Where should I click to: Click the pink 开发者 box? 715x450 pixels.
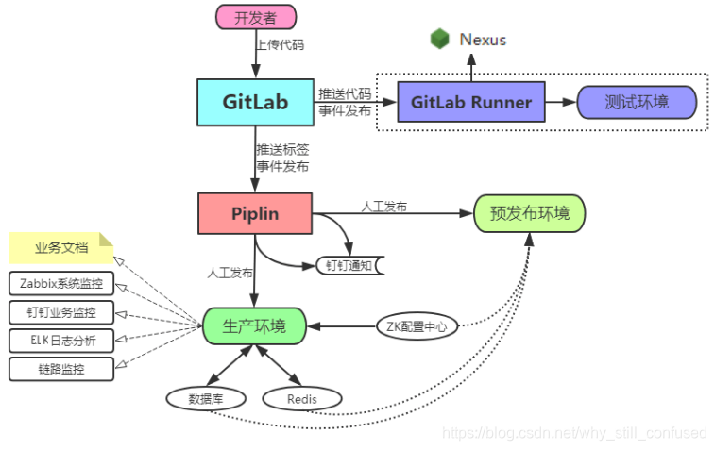(256, 17)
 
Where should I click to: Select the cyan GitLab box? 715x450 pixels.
(255, 102)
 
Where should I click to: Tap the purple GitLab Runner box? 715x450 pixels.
(471, 102)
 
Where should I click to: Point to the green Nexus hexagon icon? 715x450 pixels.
(439, 39)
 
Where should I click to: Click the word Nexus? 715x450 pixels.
(483, 40)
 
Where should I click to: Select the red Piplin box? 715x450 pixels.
(255, 213)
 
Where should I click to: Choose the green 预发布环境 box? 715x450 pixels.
(529, 213)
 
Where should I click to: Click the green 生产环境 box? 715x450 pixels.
(255, 326)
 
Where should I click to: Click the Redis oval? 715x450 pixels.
(302, 398)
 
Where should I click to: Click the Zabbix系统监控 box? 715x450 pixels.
(61, 283)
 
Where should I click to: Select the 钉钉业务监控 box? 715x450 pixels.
(61, 311)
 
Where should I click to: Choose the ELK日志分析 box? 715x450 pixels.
(61, 340)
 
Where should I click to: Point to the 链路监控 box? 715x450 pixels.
(61, 368)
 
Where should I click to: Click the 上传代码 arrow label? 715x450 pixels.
(280, 43)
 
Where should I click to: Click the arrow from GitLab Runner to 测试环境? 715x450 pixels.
(561, 102)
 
